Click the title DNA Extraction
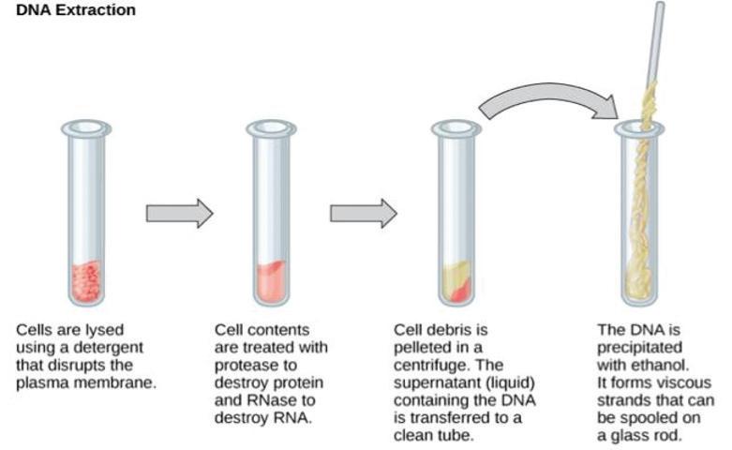76,10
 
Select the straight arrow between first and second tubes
179,214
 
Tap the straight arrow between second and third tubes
363,214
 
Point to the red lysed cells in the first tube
86,280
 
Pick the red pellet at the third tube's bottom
460,291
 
